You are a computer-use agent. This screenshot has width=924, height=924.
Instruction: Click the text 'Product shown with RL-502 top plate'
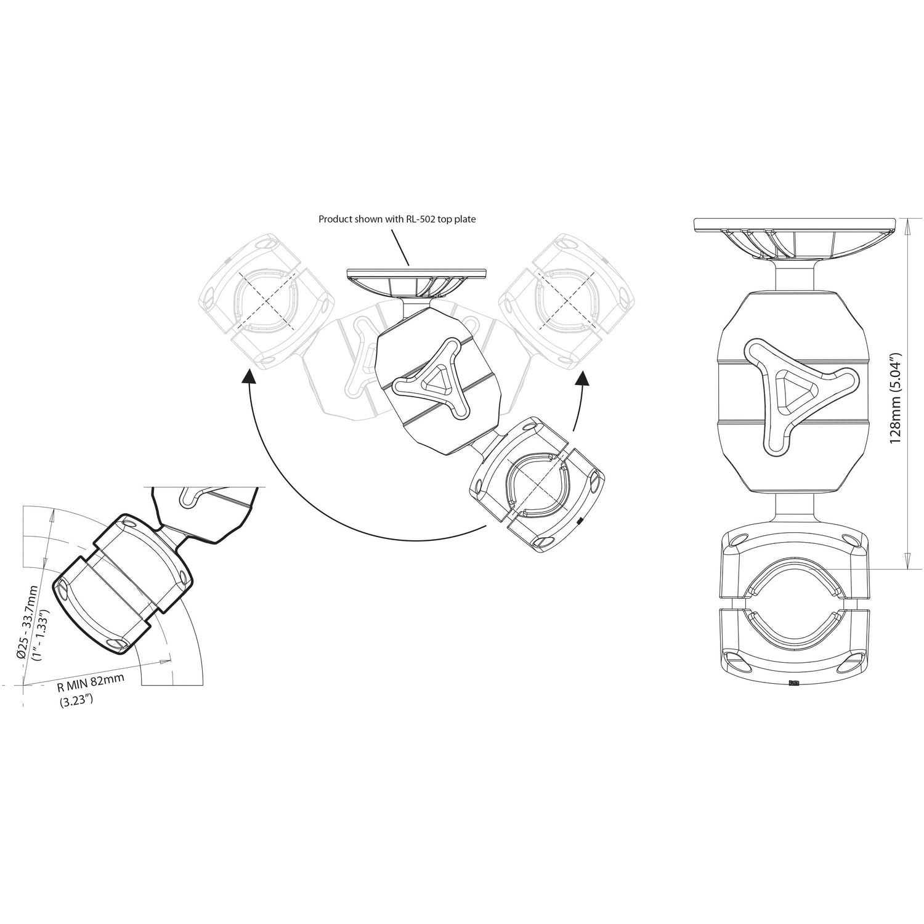tap(397, 219)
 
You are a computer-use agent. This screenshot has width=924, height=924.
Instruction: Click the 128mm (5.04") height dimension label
tap(896, 398)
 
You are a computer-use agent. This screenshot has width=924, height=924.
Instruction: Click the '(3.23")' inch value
tap(76, 700)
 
